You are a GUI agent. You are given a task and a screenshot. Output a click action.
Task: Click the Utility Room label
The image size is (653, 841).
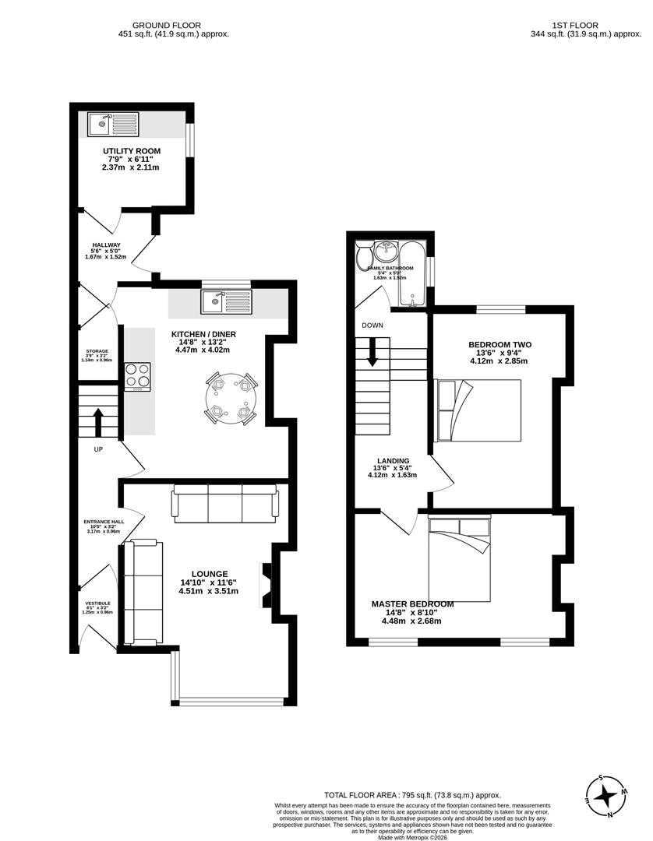[132, 150]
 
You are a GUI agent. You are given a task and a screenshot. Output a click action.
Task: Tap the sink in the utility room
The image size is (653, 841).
[114, 125]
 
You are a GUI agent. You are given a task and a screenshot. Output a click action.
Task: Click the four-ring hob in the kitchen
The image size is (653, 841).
[138, 377]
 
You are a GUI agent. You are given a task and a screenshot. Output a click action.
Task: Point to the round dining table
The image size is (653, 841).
[231, 397]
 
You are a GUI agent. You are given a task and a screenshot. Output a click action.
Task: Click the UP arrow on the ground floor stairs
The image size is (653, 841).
[99, 424]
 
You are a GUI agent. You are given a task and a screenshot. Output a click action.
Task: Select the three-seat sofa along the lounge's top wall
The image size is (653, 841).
[225, 503]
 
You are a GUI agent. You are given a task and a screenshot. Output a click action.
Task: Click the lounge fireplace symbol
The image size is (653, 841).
[267, 584]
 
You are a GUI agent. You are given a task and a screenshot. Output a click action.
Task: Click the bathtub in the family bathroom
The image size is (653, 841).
[412, 274]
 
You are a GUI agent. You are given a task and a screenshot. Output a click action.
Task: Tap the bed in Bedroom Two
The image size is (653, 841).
[478, 410]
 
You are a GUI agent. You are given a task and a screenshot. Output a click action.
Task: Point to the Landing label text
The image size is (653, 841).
[393, 460]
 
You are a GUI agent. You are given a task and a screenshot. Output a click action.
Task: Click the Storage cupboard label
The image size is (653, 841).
[97, 351]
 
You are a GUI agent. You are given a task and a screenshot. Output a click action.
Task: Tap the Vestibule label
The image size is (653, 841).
[97, 603]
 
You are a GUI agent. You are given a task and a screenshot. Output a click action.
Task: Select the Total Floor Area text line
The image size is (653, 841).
[412, 794]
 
